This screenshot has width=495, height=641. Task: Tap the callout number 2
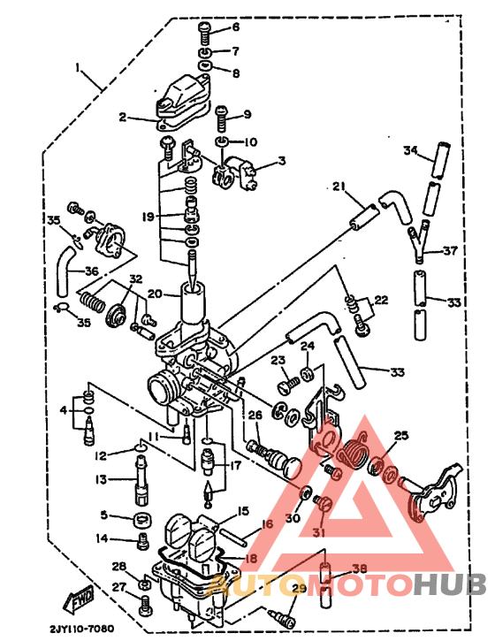coord(123,116)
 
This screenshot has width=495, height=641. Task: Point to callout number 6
coord(235,27)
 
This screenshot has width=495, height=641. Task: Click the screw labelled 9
coord(221,115)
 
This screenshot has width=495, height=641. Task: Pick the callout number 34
coord(410,149)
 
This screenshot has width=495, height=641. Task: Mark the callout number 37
coord(450,250)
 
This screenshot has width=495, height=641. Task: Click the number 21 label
coord(337,185)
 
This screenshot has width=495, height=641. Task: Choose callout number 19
coord(148,215)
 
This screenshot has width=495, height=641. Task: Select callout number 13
coord(100,479)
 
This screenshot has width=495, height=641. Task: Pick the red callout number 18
coord(251,559)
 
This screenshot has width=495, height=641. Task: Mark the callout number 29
coord(298,588)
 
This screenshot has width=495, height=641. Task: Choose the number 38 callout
coord(359,569)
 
